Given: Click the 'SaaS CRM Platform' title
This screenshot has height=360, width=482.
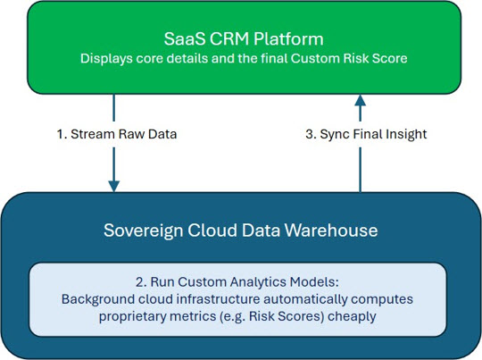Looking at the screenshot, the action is [x=244, y=39].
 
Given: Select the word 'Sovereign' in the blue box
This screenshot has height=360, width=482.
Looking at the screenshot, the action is [x=143, y=230].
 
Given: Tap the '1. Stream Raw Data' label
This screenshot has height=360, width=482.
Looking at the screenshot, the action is [x=117, y=134].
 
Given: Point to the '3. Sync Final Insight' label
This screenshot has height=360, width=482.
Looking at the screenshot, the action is [x=366, y=135].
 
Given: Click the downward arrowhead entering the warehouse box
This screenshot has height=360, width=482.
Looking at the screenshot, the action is [x=113, y=186].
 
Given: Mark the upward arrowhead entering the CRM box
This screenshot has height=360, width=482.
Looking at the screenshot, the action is [x=361, y=100].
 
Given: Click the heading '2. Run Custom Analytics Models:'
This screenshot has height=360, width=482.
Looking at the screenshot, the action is [x=237, y=282].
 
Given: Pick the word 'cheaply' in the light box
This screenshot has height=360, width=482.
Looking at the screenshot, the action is [x=352, y=316].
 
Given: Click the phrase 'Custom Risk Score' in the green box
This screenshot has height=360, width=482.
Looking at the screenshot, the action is [x=349, y=58].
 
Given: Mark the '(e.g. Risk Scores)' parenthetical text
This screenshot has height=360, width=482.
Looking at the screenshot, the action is [x=272, y=316].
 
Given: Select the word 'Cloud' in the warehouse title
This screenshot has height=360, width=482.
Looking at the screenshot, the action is [x=212, y=230].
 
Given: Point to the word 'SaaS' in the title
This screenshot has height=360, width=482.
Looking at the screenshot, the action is [x=185, y=39].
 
